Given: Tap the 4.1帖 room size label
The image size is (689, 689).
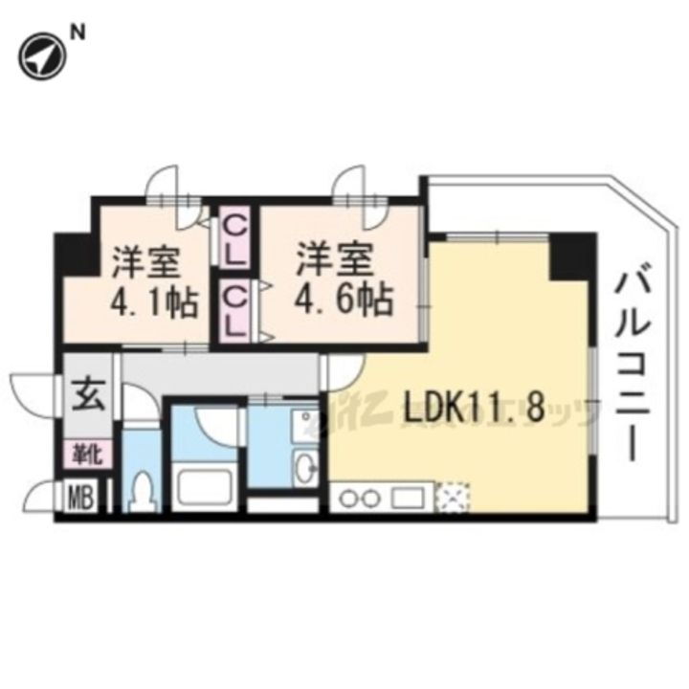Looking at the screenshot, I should pos(154,302).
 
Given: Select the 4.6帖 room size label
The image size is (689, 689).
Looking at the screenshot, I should pos(344,302).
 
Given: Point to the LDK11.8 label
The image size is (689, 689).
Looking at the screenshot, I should pos(474,408).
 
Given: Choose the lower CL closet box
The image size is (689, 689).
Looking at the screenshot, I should pos(233,309).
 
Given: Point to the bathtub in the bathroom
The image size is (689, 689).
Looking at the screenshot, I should pos(206,486).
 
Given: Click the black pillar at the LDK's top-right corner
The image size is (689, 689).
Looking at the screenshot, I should pos(570,254).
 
